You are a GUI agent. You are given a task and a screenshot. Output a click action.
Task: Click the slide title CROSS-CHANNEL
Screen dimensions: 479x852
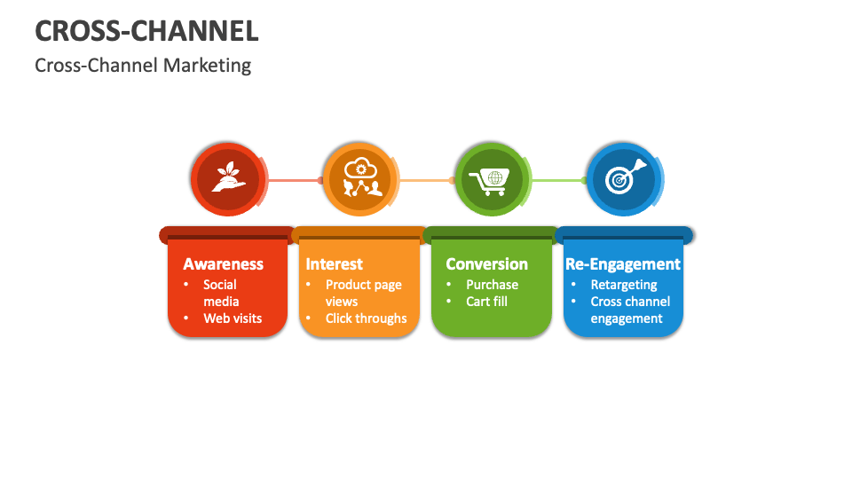pos(147,31)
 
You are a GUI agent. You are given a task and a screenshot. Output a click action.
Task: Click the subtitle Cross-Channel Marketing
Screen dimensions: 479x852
pos(143,66)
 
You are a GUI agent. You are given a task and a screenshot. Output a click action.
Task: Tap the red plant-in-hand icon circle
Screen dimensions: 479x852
pos(228,180)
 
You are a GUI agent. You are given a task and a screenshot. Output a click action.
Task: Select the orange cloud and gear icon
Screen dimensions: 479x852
pos(360,180)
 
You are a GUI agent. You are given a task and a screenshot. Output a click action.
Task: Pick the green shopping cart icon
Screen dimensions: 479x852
pos(492,180)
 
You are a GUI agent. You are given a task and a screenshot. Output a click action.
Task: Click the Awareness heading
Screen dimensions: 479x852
pos(223,263)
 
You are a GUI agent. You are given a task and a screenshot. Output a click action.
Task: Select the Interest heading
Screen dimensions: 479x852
pos(334,263)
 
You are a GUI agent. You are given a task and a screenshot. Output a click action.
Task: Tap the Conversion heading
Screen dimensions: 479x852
pos(486,263)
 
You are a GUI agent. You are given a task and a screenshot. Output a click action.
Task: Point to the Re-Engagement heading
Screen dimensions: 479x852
pos(623,263)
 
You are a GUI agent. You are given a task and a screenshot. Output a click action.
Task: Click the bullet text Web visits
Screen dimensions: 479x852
pos(233,318)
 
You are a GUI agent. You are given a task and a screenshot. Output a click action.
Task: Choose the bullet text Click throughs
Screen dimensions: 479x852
pos(366,318)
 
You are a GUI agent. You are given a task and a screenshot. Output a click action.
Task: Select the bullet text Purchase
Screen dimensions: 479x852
pos(492,285)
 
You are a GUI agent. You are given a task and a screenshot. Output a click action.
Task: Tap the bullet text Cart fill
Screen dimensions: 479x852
pos(486,302)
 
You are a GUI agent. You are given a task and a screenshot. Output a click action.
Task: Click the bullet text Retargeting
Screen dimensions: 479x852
pos(624,285)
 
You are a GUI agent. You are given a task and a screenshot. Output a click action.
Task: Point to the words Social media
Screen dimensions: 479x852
pos(220,293)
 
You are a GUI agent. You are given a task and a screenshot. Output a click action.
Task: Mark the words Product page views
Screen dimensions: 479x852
pos(363,293)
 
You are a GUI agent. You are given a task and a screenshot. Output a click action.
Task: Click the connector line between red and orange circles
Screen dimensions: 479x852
pos(293,181)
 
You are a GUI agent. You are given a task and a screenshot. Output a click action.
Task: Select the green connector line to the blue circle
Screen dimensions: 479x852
pos(556,181)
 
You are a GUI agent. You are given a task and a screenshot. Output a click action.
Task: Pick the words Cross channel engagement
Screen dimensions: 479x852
pos(629,310)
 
